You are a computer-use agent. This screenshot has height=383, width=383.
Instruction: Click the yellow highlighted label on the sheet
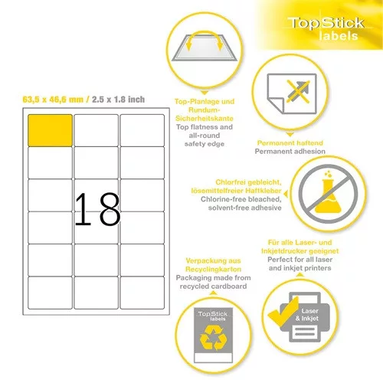pos(50,130)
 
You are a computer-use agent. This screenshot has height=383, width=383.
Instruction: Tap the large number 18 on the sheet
pos(97,209)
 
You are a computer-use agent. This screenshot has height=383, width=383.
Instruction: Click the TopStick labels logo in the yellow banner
pos(326,28)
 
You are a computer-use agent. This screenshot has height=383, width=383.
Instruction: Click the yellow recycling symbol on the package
pos(213,339)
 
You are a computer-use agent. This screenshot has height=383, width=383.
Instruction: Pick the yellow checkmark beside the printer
pos(283,313)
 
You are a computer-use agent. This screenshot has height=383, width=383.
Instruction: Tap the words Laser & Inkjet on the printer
pos(307,315)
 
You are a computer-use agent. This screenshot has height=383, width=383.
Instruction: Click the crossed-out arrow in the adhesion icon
pos(298,91)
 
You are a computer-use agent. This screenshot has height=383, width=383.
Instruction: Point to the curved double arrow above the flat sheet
pos(205,38)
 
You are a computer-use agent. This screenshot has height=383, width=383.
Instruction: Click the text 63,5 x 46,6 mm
pos(53,100)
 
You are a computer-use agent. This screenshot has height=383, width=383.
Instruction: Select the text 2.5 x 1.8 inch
pos(118,100)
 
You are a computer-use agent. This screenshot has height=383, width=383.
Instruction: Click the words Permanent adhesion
pos(290,152)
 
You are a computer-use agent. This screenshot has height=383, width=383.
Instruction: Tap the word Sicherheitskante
pos(205,119)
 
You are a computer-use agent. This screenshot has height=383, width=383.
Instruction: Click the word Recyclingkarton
pos(213,269)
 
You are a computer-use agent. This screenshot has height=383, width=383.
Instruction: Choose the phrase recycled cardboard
pos(213,286)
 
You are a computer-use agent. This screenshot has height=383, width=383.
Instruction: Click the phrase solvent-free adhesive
pos(244,208)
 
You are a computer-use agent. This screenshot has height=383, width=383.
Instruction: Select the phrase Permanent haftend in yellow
pos(290,142)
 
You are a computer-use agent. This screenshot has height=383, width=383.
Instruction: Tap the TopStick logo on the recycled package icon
pos(213,316)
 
